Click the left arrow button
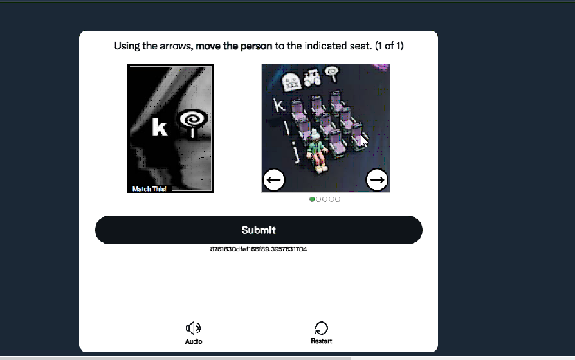(274, 179)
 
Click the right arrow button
(377, 179)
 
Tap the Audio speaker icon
(193, 328)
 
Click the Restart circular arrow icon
(321, 328)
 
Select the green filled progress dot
(312, 199)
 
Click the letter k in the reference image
(160, 127)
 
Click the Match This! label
(149, 189)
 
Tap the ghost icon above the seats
(291, 82)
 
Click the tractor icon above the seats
(312, 78)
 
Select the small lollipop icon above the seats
(333, 73)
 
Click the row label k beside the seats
(279, 105)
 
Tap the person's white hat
(315, 134)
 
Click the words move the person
(234, 46)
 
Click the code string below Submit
(259, 249)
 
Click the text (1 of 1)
(389, 46)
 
